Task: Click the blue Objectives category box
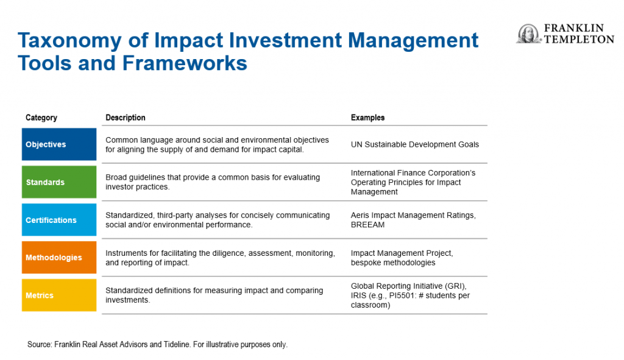[59, 144]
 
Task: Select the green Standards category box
[59, 182]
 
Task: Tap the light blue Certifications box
[59, 219]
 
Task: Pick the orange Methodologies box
[59, 258]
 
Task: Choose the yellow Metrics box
[59, 295]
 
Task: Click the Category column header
[41, 118]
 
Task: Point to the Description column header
[126, 118]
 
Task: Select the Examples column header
[367, 118]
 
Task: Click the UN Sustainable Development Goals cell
[414, 144]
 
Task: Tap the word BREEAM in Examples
[367, 225]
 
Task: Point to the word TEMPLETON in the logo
[579, 39]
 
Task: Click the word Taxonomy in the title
[69, 41]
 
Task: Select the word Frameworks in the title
[185, 63]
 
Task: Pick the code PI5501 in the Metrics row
[403, 295]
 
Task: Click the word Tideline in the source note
[176, 345]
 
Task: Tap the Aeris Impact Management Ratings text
[413, 215]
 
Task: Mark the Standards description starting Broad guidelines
[213, 182]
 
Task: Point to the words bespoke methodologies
[393, 263]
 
